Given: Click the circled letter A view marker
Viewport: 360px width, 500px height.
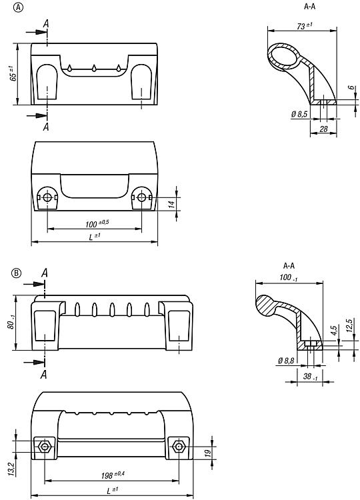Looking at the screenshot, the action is tap(18, 7).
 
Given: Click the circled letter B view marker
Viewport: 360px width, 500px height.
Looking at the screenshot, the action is tap(16, 273).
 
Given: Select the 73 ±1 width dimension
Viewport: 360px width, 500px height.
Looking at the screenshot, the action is tap(305, 26).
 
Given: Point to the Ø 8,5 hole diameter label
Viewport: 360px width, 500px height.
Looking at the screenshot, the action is tap(299, 114).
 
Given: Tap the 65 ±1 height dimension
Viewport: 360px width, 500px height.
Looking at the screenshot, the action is tap(13, 73).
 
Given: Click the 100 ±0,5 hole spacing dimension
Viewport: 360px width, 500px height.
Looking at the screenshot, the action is tap(97, 223).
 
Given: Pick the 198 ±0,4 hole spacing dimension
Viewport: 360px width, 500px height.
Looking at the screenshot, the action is tap(113, 475).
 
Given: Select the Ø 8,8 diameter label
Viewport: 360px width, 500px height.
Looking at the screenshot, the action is tap(286, 361).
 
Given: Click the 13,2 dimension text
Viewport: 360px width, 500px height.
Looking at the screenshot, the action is tap(12, 470).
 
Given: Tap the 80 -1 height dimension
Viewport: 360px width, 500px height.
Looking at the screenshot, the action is tap(12, 322).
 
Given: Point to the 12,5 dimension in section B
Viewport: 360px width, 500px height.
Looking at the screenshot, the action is tap(349, 325).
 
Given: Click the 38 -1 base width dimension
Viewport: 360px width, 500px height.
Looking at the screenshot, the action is tap(310, 377).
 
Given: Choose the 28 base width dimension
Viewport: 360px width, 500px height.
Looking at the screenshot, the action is tap(323, 129).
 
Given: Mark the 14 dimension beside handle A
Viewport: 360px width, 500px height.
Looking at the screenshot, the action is tap(172, 205).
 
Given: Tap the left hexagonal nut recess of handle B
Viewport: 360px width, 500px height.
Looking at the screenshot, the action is tap(45, 447).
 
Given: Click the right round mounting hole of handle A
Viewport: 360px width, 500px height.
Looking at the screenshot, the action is tap(141, 198).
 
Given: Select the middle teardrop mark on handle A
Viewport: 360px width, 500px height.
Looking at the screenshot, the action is tap(94, 67).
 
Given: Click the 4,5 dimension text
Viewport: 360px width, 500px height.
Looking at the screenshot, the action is tap(334, 330).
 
